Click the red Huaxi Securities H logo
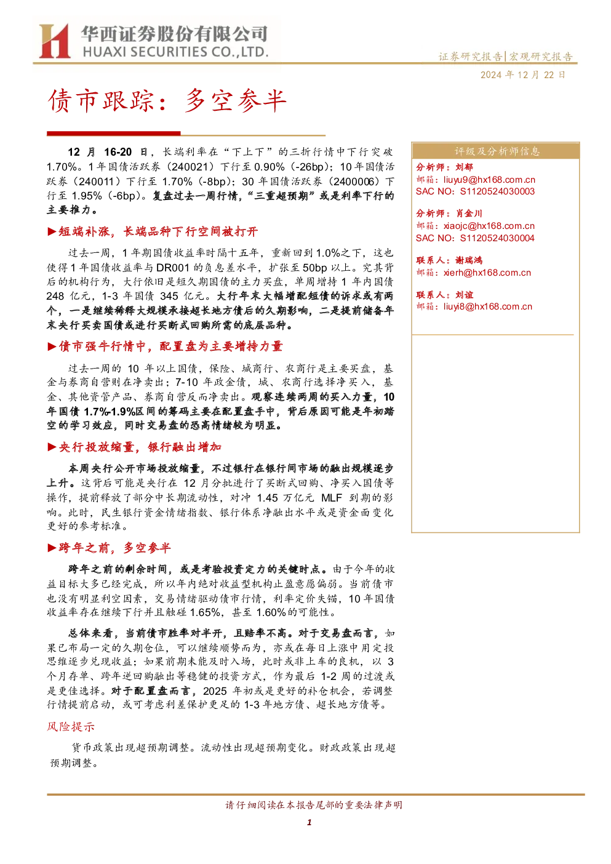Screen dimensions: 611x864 [x=55, y=41]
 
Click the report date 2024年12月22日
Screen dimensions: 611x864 [x=522, y=75]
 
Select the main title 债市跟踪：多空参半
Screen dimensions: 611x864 [x=167, y=101]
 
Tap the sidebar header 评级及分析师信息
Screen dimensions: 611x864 [x=497, y=151]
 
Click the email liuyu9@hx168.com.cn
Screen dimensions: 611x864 [x=489, y=180]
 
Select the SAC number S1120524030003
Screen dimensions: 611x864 [x=497, y=191]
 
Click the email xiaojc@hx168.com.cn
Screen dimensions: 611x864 [x=489, y=226]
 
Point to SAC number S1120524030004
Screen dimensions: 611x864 [x=497, y=238]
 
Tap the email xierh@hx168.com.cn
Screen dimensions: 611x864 [x=487, y=273]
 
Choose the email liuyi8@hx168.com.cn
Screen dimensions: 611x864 [x=487, y=306]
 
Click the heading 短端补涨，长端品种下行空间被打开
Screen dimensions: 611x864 [x=158, y=232]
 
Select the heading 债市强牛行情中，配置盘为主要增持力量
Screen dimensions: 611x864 [x=170, y=346]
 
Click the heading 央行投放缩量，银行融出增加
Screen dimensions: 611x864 [x=140, y=447]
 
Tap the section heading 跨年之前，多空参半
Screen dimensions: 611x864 [x=114, y=548]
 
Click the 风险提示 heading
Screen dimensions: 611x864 [x=71, y=727]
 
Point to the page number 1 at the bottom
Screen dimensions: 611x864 [x=309, y=822]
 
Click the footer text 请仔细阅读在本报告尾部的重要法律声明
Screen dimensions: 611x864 [x=314, y=805]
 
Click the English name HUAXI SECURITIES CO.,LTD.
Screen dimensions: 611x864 [x=175, y=52]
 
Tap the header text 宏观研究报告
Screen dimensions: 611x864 [x=541, y=57]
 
